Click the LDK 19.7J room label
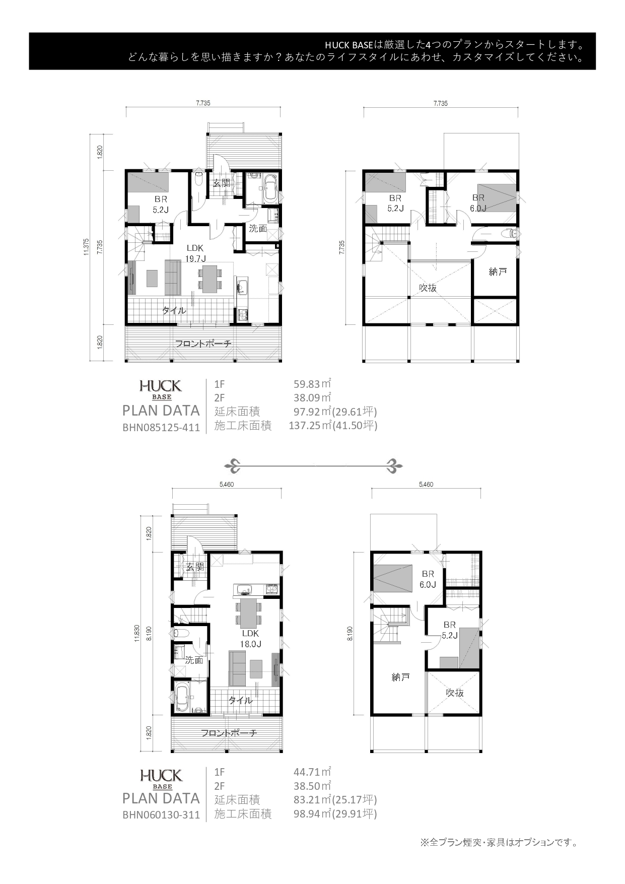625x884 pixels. tap(195, 253)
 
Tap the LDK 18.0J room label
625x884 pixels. tap(250, 638)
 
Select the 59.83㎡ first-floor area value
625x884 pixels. tap(312, 384)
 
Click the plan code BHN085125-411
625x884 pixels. tap(161, 428)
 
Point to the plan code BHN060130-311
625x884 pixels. tap(161, 814)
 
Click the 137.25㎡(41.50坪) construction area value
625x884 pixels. tap(333, 426)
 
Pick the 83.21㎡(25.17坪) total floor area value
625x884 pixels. tap(335, 799)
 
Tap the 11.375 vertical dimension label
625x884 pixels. tap(87, 247)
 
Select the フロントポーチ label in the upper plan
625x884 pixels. tap(203, 344)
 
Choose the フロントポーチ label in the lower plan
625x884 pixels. tap(229, 733)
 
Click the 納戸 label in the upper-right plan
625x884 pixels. tap(498, 271)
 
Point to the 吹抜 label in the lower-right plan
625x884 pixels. tap(455, 693)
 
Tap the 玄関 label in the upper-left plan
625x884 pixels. tap(222, 183)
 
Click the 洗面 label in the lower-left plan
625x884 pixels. tap(194, 660)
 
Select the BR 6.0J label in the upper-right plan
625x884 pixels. tap(478, 203)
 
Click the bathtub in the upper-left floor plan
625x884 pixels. tap(267, 188)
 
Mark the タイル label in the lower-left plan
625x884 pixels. tap(241, 700)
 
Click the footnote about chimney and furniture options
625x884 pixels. tap(499, 842)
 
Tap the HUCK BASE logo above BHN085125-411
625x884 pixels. tap(161, 389)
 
